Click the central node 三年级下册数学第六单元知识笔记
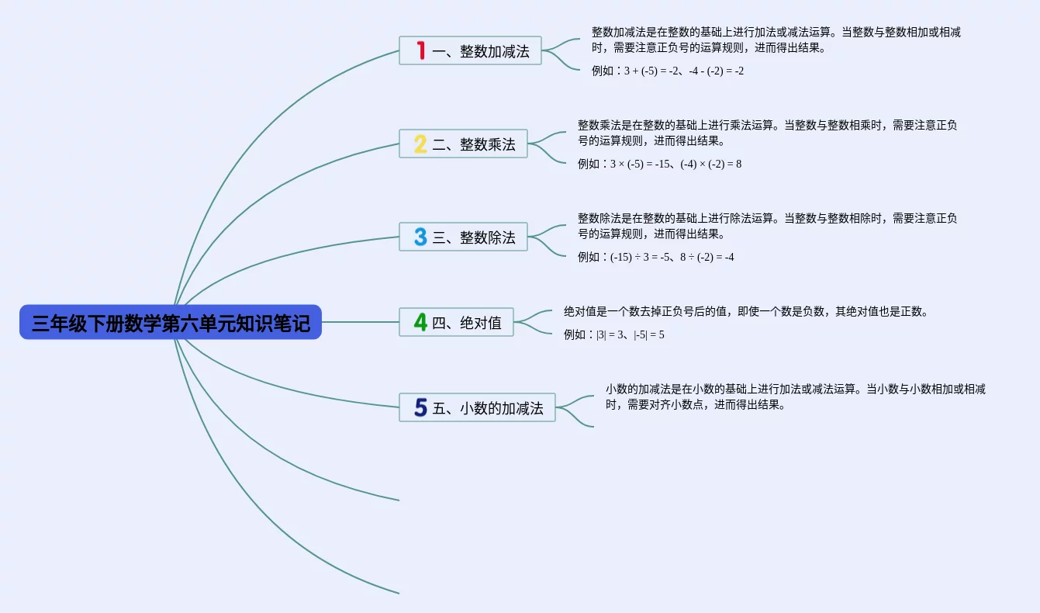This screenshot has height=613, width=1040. pyautogui.click(x=171, y=322)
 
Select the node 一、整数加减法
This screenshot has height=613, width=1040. pyautogui.click(x=470, y=50)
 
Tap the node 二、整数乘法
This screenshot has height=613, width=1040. pyautogui.click(x=463, y=144)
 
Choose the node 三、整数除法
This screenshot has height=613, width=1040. pyautogui.click(x=463, y=237)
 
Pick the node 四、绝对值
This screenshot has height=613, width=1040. pyautogui.click(x=456, y=322)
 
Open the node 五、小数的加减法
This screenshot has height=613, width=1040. pyautogui.click(x=477, y=407)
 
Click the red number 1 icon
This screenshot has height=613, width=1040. pyautogui.click(x=420, y=50)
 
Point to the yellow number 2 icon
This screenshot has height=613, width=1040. pyautogui.click(x=420, y=144)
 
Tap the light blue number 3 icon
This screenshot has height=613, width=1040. pyautogui.click(x=420, y=237)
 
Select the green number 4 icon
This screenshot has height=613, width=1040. pyautogui.click(x=420, y=322)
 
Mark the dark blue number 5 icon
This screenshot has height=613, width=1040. pyautogui.click(x=420, y=407)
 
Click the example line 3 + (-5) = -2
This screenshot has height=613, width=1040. pyautogui.click(x=668, y=71)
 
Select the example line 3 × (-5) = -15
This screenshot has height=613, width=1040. pyautogui.click(x=659, y=164)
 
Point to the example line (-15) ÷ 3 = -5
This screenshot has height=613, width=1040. pyautogui.click(x=655, y=257)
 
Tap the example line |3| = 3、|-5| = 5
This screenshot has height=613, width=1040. pyautogui.click(x=613, y=334)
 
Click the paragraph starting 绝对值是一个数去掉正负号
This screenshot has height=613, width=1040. pyautogui.click(x=745, y=312)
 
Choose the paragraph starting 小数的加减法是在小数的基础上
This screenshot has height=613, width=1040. pyautogui.click(x=795, y=397)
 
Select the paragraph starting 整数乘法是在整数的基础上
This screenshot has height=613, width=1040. pyautogui.click(x=767, y=133)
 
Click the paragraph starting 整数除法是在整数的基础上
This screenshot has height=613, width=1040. pyautogui.click(x=767, y=226)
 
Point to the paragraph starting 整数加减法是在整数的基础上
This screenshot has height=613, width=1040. pyautogui.click(x=776, y=40)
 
